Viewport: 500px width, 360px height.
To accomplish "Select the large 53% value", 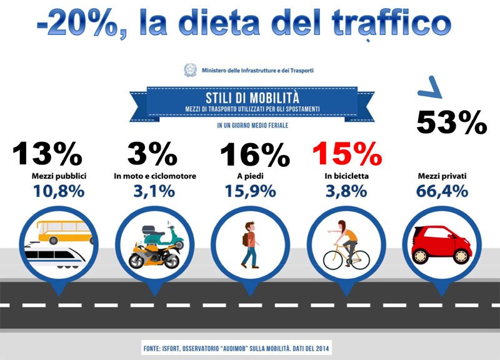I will (451, 122).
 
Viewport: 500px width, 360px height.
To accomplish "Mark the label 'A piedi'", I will (250, 176).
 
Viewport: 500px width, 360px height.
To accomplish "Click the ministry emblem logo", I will (190, 70).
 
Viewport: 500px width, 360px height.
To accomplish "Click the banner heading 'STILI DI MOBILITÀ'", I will (252, 98).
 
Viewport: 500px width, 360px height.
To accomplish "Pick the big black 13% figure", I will (47, 154).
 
